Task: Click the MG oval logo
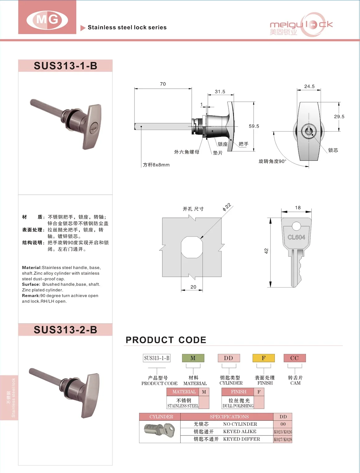click(47, 20)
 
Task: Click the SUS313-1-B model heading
click(65, 66)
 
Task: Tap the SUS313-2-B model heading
click(65, 330)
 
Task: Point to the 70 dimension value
click(163, 84)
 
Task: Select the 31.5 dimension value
click(220, 92)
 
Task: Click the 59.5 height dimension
click(254, 126)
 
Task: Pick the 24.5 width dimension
click(309, 86)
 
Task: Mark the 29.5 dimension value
click(339, 116)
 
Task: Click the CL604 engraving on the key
click(296, 237)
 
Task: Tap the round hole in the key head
click(296, 226)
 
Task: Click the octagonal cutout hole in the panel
click(192, 247)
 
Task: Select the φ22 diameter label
click(227, 207)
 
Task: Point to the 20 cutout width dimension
click(193, 287)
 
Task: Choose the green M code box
click(193, 358)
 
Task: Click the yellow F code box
click(264, 358)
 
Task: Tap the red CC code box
click(295, 358)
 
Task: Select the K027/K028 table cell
click(283, 439)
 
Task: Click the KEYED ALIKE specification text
click(240, 432)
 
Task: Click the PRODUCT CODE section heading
click(166, 340)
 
